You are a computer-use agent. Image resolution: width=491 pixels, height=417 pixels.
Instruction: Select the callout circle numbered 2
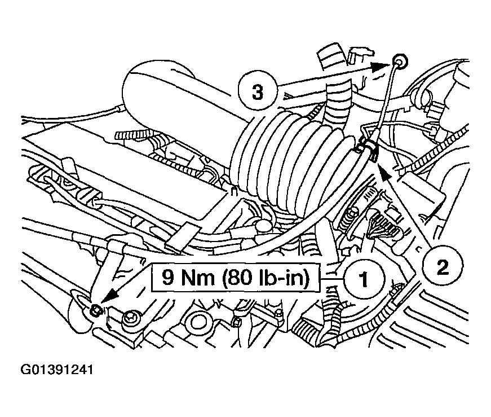click(x=443, y=267)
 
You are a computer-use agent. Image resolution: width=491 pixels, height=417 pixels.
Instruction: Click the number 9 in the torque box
click(x=168, y=277)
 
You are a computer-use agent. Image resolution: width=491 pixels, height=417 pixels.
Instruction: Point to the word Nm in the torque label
click(x=198, y=278)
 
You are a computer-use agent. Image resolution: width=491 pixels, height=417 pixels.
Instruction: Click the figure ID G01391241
click(x=57, y=370)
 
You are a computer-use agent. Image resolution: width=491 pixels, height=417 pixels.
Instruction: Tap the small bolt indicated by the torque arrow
click(x=95, y=310)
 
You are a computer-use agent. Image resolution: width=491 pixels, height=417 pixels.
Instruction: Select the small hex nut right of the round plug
click(x=236, y=321)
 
